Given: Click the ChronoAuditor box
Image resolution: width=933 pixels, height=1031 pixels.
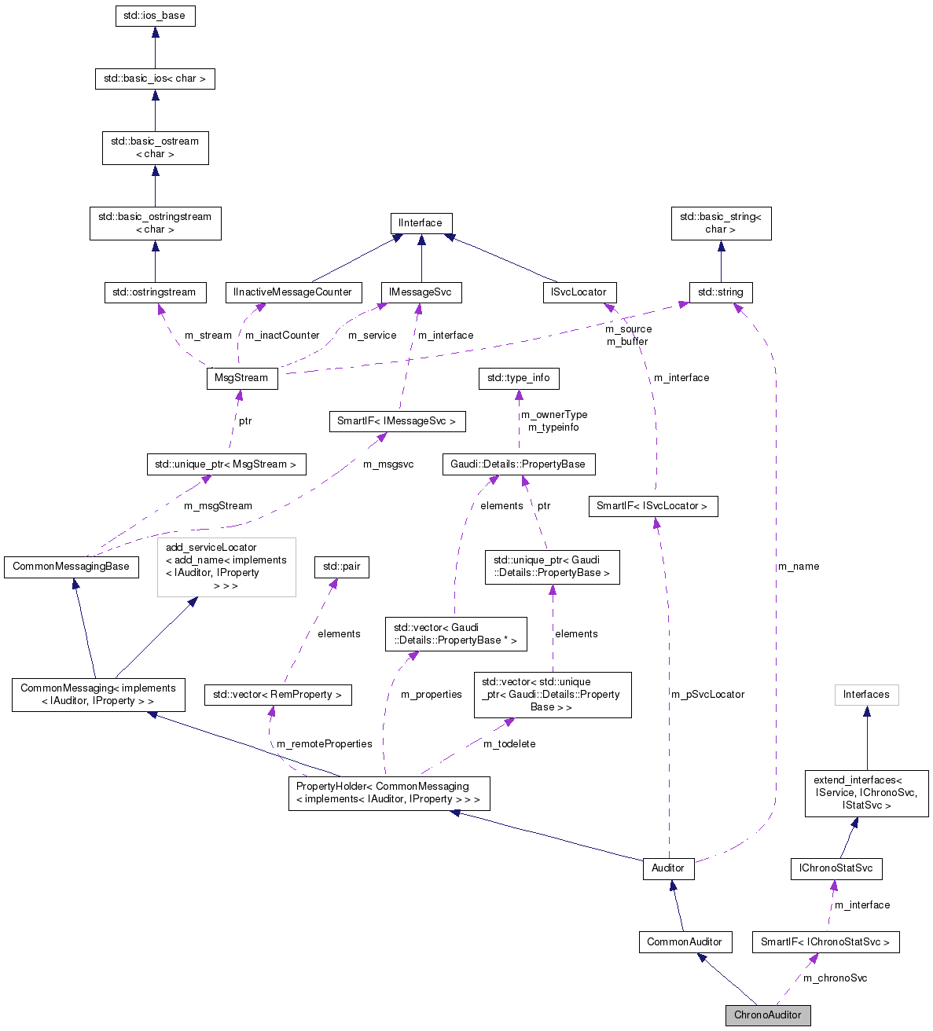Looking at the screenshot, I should point(767,1014).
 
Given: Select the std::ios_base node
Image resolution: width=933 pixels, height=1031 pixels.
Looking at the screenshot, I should point(155,16).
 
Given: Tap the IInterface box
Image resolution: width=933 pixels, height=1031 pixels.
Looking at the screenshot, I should point(421,223).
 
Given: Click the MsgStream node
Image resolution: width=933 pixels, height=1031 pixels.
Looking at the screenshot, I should point(241,378).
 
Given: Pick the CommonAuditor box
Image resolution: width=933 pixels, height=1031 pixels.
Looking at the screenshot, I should point(685,941).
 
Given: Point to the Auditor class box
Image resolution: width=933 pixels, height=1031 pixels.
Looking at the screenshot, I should point(668,868).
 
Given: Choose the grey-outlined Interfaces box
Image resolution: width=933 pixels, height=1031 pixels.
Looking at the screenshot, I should point(866,695).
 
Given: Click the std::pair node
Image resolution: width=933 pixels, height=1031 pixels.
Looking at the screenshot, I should point(342,567).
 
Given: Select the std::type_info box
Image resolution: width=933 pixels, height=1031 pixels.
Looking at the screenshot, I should point(518,378).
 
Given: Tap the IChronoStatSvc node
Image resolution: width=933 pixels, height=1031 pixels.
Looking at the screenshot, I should point(836,868).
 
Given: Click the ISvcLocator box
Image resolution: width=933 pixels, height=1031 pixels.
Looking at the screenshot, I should point(579,292).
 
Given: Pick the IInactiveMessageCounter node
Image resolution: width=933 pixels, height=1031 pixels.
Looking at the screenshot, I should point(293,292).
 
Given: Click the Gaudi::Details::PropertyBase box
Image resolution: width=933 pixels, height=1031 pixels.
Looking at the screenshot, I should point(518,464).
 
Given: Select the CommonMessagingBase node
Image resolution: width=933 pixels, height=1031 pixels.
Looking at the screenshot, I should point(71,567).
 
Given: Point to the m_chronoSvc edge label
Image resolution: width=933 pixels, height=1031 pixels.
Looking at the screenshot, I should point(835,978).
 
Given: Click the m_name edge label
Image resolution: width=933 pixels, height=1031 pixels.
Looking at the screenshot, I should point(798,567).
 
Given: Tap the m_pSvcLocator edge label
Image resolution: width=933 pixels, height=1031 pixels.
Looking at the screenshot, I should point(707,695).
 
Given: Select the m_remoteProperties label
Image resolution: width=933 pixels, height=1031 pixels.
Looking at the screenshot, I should point(324,744).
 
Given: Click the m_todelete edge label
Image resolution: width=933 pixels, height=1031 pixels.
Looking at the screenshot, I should point(509,744).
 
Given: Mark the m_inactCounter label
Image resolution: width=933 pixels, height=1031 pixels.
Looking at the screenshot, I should point(282,336).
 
